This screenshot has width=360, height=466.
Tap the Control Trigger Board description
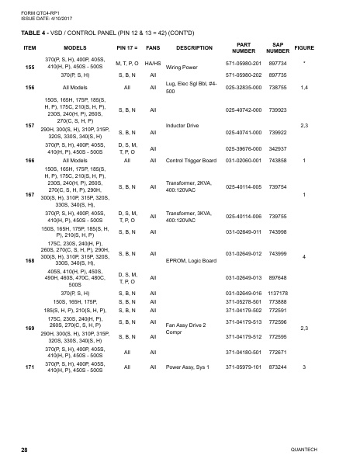(x=190, y=161)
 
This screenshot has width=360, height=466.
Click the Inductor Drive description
(x=182, y=124)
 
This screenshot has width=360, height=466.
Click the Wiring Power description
(x=182, y=68)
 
